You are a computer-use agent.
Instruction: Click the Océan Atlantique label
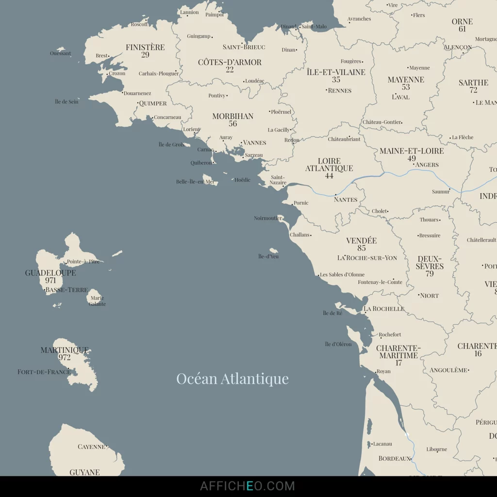232,379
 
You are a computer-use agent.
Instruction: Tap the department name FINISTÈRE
145,47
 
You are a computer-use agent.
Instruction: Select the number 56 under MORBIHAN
233,124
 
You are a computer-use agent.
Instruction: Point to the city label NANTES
346,199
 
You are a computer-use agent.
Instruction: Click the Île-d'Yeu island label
268,256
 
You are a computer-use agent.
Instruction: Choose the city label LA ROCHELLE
384,309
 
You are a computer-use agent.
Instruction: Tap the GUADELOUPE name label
50,273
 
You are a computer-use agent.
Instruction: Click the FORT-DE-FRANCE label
44,372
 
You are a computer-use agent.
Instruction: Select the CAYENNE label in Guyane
91,447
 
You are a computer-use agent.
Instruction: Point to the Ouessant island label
60,53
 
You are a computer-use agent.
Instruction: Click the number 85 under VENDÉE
362,248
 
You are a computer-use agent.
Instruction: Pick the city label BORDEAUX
395,458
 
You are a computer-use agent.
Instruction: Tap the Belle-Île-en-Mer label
195,182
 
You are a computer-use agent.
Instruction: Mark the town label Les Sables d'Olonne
342,275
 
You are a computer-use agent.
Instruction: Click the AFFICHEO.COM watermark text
248,486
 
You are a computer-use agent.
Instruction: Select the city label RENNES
340,90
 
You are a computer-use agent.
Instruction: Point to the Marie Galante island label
97,301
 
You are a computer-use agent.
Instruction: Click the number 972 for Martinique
65,357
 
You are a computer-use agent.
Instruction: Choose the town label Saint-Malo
314,27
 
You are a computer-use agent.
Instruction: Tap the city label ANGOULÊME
448,370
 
